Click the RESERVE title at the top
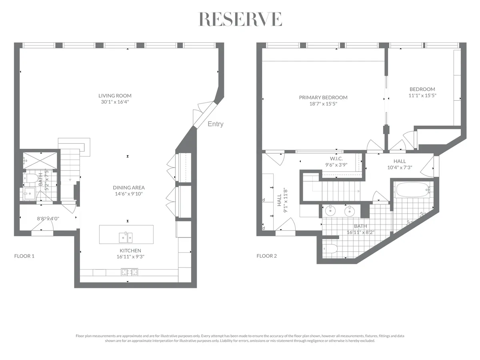240,19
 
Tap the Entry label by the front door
215,124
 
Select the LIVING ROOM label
115,96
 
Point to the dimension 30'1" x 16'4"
115,102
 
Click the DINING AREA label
128,187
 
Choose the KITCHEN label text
128,250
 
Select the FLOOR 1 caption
24,256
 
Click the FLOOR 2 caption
266,256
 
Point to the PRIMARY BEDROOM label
323,97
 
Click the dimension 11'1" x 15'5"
422,96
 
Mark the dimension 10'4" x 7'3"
400,168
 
